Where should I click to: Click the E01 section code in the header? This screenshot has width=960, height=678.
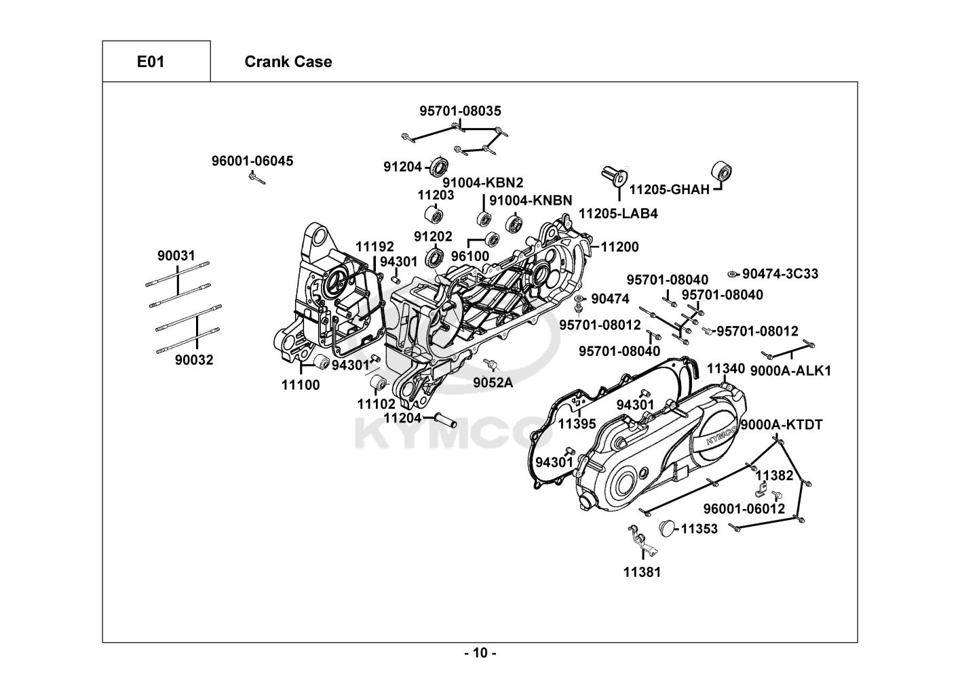(x=151, y=62)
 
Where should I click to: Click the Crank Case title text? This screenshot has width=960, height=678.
(x=288, y=62)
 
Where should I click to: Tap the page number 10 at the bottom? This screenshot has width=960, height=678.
(x=480, y=653)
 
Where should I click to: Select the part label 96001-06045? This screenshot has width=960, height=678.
(x=252, y=161)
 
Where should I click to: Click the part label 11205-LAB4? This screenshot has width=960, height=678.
(x=618, y=214)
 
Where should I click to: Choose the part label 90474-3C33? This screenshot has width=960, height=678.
(x=780, y=274)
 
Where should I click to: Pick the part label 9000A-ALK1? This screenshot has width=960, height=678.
(x=790, y=371)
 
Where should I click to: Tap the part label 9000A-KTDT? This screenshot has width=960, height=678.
(x=781, y=425)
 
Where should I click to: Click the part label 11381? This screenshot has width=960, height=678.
(x=642, y=572)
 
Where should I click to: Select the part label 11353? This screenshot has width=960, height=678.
(x=699, y=529)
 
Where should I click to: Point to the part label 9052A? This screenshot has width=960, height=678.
(x=493, y=382)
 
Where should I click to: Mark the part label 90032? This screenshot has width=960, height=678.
(x=194, y=360)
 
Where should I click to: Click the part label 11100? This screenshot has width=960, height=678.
(x=301, y=385)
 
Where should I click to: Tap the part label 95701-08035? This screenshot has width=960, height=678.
(x=460, y=111)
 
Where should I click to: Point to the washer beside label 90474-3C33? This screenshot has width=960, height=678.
(x=733, y=274)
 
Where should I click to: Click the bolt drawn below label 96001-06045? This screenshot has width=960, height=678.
(x=256, y=178)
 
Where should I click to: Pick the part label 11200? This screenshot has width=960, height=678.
(x=619, y=247)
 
